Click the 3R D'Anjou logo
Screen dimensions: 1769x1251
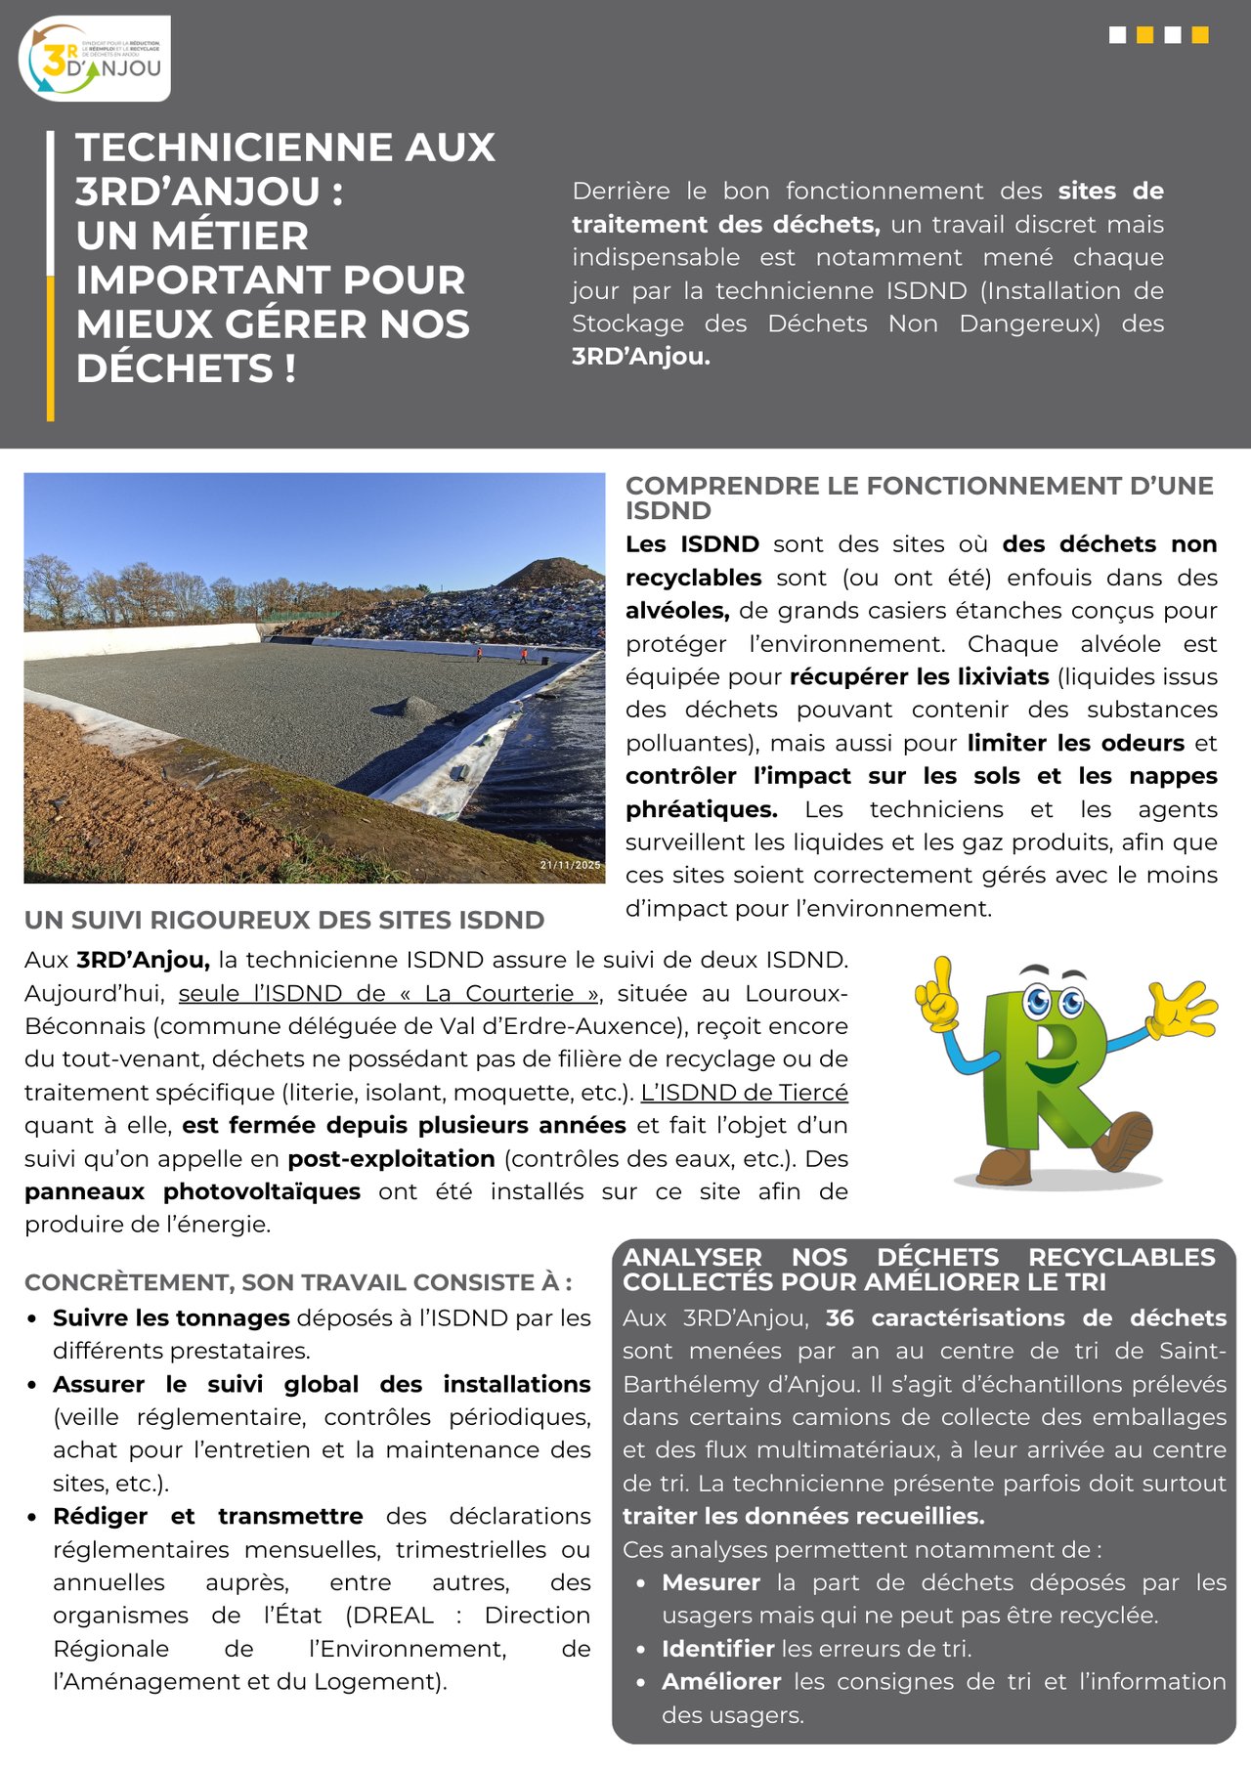click(x=94, y=59)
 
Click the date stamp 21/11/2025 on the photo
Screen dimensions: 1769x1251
click(x=571, y=865)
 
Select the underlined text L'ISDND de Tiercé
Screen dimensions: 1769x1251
click(x=744, y=1093)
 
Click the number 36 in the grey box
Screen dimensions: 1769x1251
click(x=840, y=1318)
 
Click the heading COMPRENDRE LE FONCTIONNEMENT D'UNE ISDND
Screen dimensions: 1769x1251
click(x=919, y=497)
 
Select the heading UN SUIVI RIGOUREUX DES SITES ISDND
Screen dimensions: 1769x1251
click(x=284, y=920)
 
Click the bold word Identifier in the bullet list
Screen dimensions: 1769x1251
click(x=717, y=1649)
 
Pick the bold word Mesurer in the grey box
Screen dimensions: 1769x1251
click(x=711, y=1582)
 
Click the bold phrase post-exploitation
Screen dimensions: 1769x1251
click(x=391, y=1159)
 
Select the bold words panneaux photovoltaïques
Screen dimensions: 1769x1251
click(x=193, y=1192)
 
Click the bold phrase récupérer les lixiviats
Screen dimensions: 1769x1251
click(x=919, y=677)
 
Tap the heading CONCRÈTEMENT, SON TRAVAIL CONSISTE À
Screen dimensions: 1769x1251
click(x=298, y=1282)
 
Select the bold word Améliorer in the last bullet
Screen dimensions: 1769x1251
click(x=721, y=1682)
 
